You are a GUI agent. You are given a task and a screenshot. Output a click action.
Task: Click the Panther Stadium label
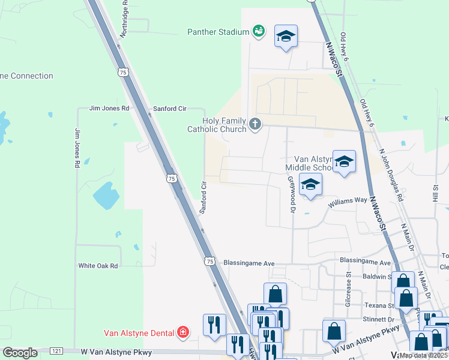218,31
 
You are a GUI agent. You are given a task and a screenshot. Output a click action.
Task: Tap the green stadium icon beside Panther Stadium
259,31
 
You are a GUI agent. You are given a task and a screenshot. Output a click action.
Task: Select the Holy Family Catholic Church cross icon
256,124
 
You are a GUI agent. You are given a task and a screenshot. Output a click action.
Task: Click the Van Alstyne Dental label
138,332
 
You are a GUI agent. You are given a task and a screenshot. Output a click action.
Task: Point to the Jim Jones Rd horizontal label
109,109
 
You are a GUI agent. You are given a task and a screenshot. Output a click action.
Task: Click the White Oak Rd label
98,265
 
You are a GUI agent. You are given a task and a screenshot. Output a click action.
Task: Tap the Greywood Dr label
292,194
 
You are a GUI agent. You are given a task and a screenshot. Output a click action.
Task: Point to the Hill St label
436,193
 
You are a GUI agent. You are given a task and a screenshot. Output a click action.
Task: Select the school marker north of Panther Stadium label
286,37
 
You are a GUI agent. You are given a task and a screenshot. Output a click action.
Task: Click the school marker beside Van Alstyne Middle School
344,161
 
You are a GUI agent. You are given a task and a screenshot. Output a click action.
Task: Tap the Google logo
20,353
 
